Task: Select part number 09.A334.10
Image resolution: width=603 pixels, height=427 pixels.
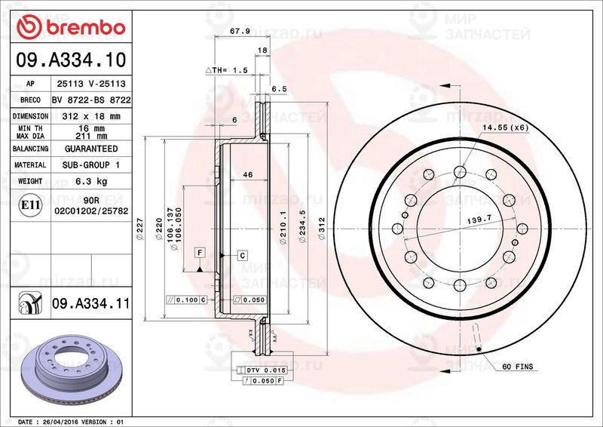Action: click(71, 60)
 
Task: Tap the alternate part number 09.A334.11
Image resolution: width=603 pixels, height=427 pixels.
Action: click(90, 303)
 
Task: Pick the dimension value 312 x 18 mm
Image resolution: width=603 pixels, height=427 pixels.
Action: click(91, 116)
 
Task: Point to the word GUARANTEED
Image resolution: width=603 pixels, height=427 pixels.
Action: click(91, 149)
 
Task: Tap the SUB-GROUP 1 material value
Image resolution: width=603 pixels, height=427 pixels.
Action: click(91, 164)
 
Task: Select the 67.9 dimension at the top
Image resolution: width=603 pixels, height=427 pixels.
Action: click(240, 31)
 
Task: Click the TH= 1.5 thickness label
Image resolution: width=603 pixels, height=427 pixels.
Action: click(227, 70)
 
